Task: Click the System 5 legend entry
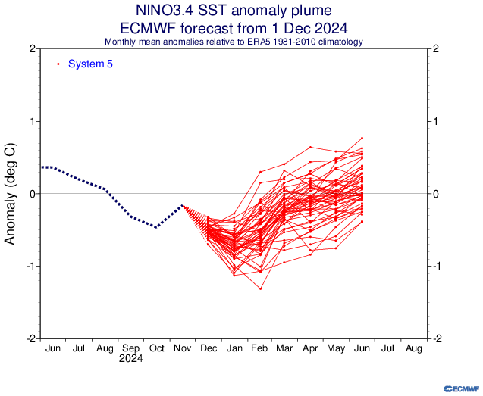90,64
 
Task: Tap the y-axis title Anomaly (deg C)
11,193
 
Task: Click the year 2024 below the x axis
130,359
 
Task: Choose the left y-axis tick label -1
30,266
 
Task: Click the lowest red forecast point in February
260,288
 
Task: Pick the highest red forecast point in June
362,138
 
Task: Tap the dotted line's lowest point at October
156,226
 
